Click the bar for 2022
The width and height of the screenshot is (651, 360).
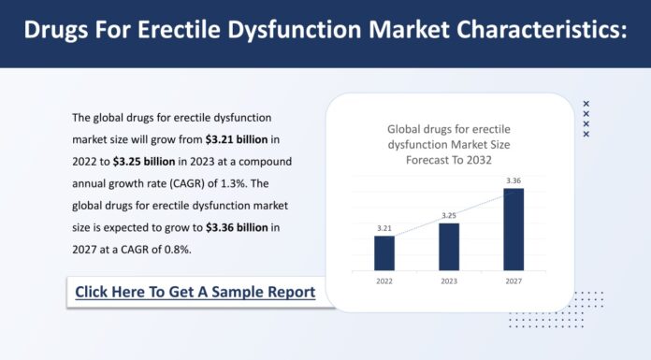[384, 252]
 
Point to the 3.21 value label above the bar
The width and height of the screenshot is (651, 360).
[384, 228]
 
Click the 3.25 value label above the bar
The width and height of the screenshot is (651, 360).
[449, 215]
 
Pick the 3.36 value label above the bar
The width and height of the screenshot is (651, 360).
[514, 180]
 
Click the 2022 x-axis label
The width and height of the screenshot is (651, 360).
[384, 280]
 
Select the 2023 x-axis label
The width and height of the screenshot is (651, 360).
[449, 280]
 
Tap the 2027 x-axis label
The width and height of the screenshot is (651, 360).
[514, 280]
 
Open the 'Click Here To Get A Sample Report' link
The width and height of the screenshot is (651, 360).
[195, 293]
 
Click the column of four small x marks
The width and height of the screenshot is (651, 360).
[586, 119]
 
